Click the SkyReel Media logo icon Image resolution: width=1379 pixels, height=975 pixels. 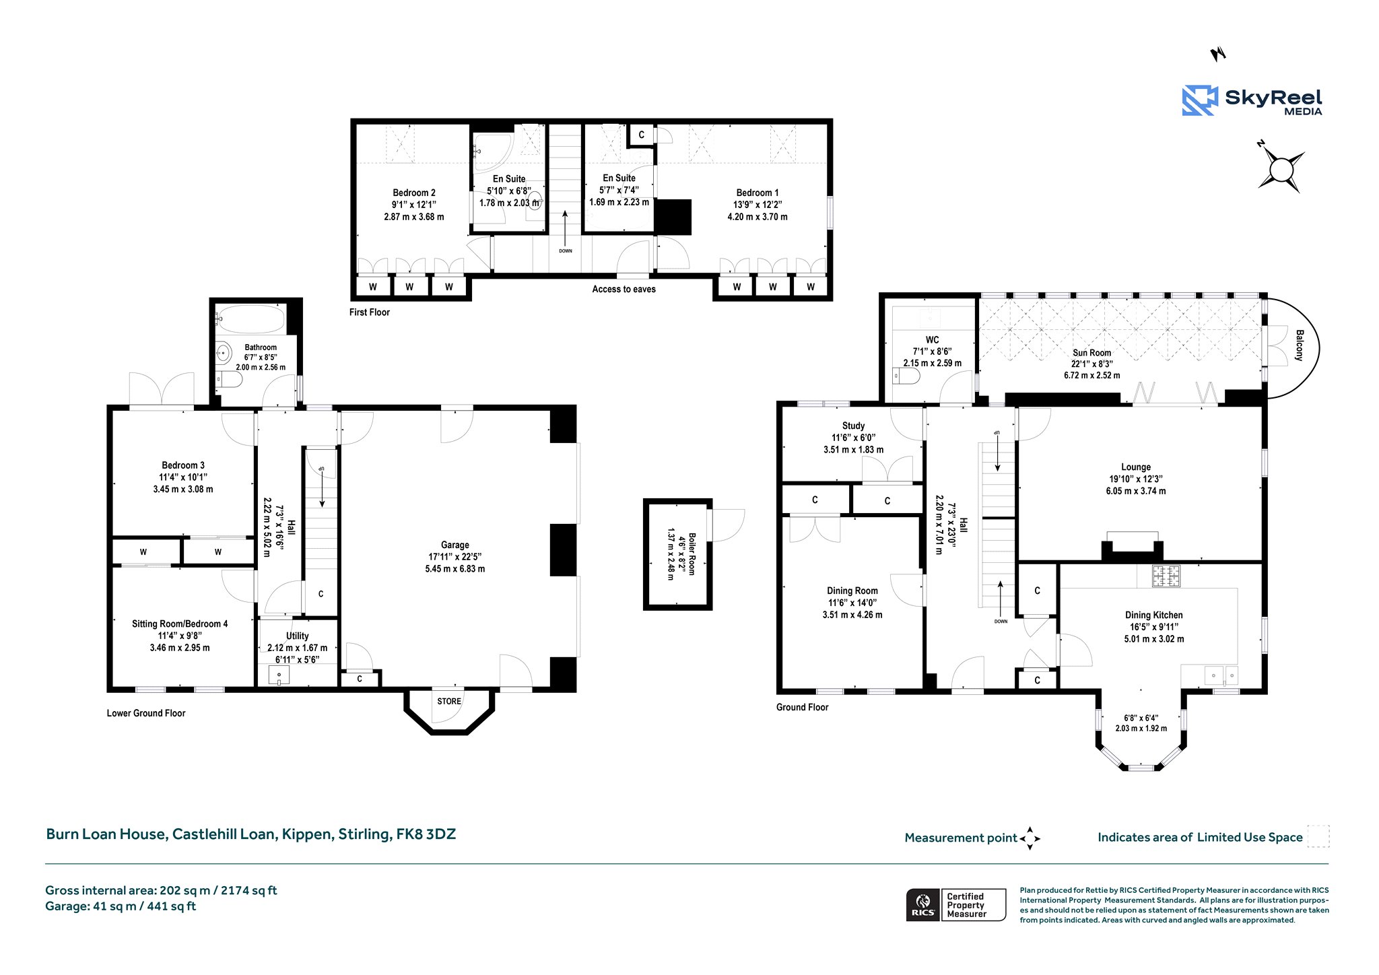point(1200,100)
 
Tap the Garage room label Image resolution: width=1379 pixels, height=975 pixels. point(455,545)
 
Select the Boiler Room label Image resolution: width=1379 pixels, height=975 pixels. point(692,554)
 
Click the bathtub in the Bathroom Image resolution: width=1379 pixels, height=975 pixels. point(251,320)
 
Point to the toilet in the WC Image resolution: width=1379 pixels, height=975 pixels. point(906,378)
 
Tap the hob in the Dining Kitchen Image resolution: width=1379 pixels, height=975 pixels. point(1166,576)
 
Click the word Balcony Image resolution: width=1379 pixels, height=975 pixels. point(1299,345)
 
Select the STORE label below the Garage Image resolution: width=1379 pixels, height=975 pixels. point(449,701)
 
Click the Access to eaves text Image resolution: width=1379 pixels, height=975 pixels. point(624,289)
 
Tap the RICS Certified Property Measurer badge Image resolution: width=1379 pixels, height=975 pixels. point(956,904)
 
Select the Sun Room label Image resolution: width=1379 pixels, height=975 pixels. point(1092,353)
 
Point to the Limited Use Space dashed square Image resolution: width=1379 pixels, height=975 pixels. point(1318,836)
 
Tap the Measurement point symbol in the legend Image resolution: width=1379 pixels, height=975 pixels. point(1030,838)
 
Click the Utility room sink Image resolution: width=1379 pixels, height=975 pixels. point(278,675)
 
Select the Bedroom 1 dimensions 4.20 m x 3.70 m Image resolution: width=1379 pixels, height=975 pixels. point(758,217)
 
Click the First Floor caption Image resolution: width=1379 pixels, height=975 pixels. point(370,312)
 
